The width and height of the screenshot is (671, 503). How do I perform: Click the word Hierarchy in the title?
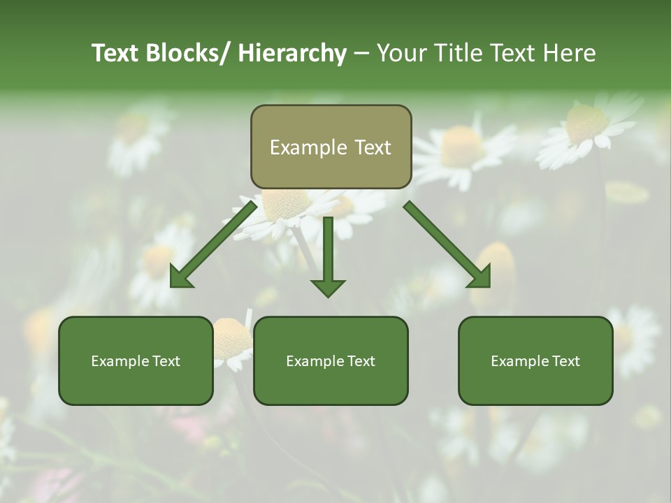292,53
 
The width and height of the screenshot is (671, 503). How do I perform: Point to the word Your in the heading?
402,53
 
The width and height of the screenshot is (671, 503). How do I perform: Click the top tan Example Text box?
331,147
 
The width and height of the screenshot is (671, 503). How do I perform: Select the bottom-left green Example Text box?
136,361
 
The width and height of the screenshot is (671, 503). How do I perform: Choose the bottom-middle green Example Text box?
331,361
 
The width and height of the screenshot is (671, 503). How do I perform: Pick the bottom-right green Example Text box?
535,361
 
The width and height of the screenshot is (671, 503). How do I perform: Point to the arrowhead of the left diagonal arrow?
181,277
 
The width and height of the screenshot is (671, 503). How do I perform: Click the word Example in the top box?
308,147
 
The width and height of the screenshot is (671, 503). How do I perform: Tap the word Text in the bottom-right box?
565,361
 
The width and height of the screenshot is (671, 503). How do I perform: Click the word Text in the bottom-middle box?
360,361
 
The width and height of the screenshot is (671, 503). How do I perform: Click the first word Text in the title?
115,53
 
